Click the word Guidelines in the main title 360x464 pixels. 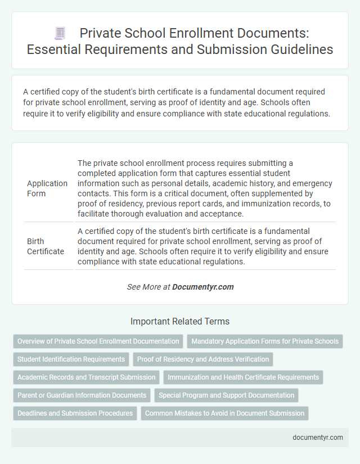coord(301,50)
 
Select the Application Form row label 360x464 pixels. coord(47,188)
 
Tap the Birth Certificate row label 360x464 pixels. coord(45,246)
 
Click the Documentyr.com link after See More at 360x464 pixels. coord(202,287)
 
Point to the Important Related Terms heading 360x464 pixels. coord(180,322)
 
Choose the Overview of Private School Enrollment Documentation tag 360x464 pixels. coord(98,341)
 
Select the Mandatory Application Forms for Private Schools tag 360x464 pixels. coord(264,341)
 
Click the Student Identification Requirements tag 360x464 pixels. coord(71,359)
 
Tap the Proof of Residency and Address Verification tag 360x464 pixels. coord(203,359)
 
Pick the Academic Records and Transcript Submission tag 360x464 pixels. coord(86,377)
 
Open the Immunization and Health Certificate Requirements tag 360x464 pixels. coord(243,377)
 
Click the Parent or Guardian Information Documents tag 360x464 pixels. coord(81,395)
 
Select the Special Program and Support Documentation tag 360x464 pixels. coord(226,395)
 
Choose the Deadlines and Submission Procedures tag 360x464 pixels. coord(75,413)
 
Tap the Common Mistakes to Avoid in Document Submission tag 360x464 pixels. coord(224,413)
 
